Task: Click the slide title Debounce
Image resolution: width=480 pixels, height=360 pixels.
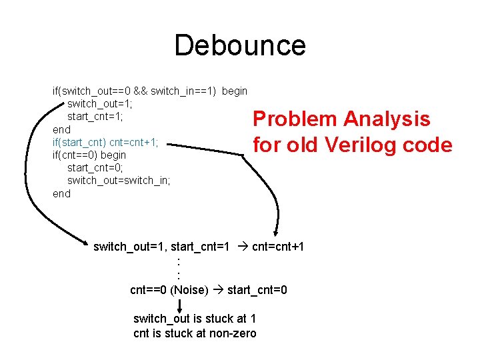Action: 240,46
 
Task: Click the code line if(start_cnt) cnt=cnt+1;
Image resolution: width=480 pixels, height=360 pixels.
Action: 105,142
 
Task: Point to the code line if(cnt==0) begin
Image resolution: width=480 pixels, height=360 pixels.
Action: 89,155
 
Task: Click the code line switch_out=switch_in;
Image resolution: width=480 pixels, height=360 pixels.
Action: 119,181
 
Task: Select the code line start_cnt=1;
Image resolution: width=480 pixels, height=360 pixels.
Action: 95,116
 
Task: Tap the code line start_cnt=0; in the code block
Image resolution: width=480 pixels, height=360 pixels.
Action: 95,168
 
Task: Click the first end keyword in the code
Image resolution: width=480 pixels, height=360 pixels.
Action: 61,129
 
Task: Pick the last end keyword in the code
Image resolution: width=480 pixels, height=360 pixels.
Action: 61,194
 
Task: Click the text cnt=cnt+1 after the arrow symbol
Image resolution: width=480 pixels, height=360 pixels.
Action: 278,247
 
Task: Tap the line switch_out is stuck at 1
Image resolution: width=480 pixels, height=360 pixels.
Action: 195,319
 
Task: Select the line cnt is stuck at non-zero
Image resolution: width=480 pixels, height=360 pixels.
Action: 195,333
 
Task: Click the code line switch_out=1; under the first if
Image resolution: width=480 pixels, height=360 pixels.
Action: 100,103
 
